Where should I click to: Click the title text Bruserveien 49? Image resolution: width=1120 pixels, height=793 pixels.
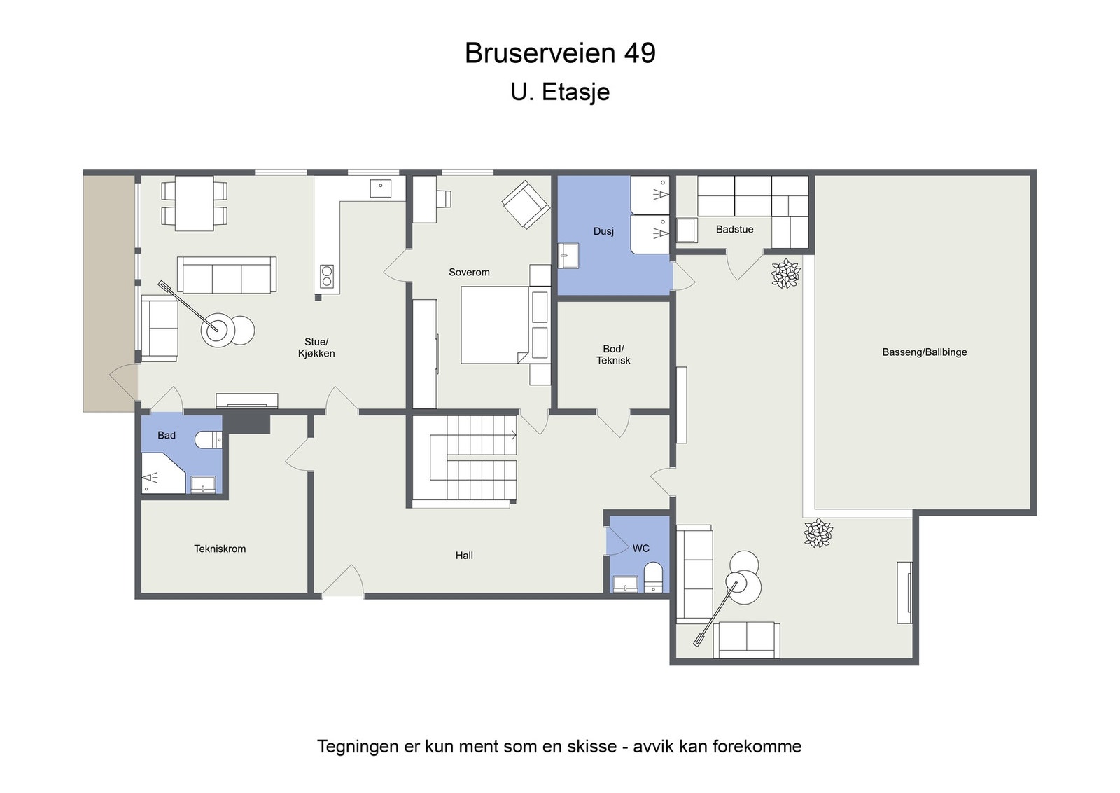tap(560, 53)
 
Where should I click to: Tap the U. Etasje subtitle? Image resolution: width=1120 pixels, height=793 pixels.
tap(560, 92)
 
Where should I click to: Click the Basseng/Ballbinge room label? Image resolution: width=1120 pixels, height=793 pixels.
tap(924, 352)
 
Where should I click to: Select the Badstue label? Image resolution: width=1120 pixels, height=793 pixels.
tap(734, 229)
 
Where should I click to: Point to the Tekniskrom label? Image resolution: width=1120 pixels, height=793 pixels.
tap(220, 549)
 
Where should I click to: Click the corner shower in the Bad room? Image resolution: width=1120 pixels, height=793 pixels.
tap(160, 474)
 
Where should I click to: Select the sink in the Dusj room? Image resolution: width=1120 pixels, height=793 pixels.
tap(568, 256)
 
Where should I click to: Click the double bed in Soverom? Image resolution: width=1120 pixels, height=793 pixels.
tap(494, 325)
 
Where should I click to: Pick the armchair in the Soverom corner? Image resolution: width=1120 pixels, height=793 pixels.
tap(525, 204)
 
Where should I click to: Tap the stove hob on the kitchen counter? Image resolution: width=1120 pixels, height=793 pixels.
tap(327, 276)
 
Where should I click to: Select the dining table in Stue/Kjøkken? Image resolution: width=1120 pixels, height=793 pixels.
tap(194, 203)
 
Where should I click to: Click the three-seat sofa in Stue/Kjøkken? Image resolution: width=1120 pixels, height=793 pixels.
tap(226, 275)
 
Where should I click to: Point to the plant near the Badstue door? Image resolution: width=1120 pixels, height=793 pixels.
tap(785, 273)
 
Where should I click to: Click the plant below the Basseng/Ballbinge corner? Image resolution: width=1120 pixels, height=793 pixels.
tap(818, 533)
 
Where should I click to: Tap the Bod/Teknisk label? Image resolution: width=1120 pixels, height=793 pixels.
tap(613, 354)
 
